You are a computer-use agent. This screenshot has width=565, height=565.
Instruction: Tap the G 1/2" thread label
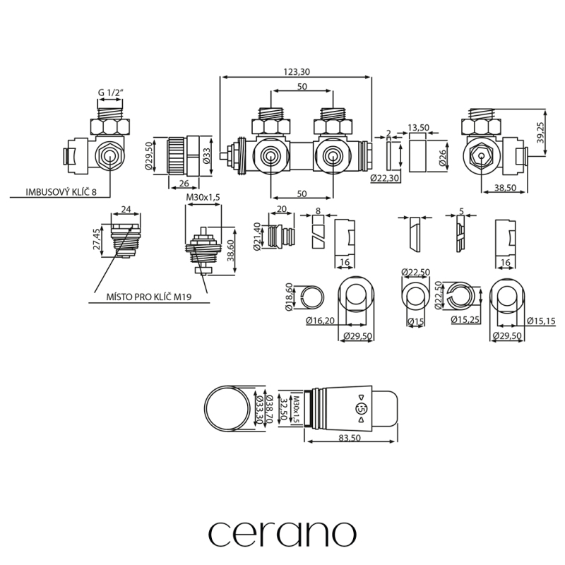coord(111,93)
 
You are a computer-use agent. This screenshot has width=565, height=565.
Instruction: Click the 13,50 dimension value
coord(419,128)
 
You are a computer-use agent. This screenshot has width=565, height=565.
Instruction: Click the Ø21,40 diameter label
coord(256,235)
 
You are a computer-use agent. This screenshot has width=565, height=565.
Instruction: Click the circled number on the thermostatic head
coord(360,409)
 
